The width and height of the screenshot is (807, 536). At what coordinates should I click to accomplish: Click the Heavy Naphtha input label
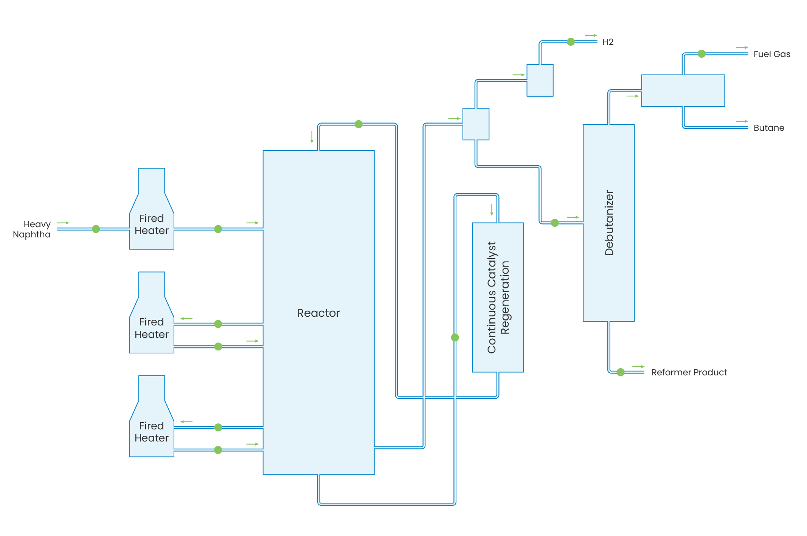click(x=32, y=229)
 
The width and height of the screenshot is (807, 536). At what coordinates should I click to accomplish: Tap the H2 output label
click(x=608, y=42)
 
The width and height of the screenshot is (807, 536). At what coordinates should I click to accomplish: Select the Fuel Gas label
click(x=771, y=54)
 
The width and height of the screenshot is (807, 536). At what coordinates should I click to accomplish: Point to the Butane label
click(x=768, y=128)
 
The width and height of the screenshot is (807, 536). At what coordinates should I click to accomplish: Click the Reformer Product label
click(x=689, y=372)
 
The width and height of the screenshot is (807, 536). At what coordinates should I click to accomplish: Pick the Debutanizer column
click(x=608, y=223)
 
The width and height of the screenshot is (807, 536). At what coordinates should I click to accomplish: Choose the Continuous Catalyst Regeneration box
click(x=498, y=297)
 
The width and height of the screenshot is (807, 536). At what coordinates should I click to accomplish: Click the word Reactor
click(x=318, y=313)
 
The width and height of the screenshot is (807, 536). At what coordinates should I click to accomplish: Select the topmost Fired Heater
click(x=151, y=225)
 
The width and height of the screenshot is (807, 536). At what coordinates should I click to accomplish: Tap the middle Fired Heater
click(x=151, y=328)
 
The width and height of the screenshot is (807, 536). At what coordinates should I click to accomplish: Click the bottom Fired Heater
click(x=151, y=432)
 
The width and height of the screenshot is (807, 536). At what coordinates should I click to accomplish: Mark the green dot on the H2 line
click(x=571, y=42)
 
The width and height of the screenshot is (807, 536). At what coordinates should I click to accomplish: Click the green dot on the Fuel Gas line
click(x=701, y=54)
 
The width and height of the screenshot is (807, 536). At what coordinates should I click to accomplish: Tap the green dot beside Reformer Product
click(x=620, y=372)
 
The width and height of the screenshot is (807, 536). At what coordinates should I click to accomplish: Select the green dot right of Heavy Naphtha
click(x=96, y=229)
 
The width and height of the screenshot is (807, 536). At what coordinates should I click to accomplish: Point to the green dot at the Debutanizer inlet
click(x=555, y=223)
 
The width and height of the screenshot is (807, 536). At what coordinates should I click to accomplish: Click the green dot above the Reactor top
click(x=358, y=124)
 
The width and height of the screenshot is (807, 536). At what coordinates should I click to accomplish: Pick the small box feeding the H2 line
click(x=540, y=80)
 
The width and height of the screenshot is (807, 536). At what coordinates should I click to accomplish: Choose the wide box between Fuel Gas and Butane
click(x=683, y=91)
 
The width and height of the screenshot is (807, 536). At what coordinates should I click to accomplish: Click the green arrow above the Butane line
click(x=742, y=121)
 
